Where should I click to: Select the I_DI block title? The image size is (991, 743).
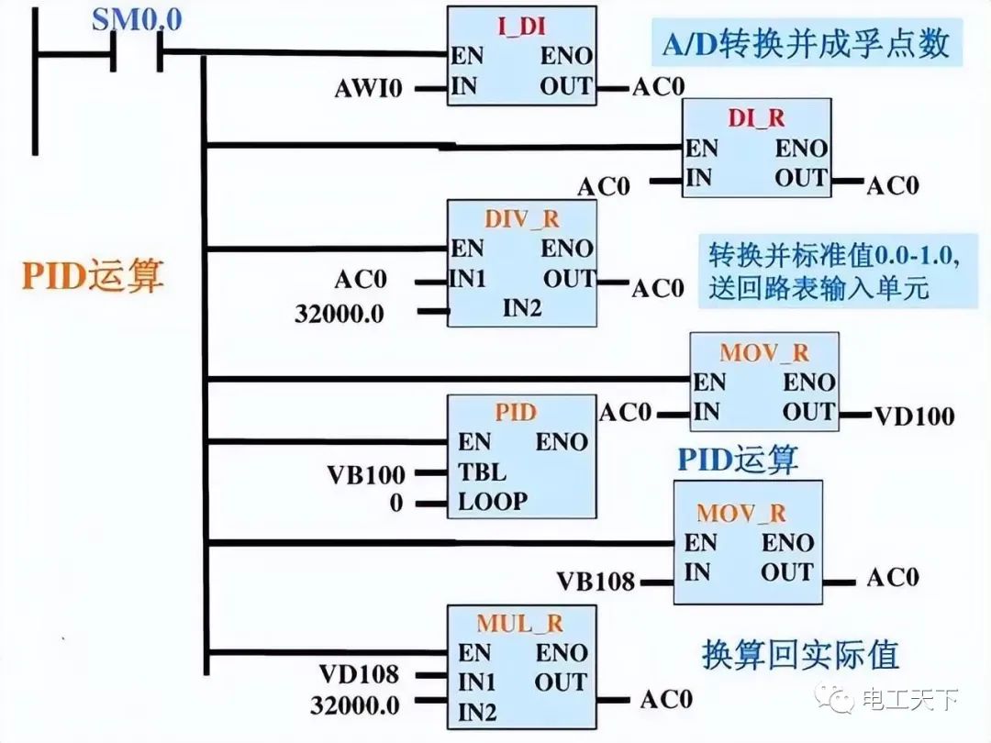(520, 25)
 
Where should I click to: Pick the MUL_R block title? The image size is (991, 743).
(519, 624)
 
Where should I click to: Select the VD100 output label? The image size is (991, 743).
(913, 416)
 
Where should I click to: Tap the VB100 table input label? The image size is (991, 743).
(365, 475)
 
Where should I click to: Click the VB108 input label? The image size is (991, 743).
(596, 581)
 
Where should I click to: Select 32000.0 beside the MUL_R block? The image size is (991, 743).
(354, 705)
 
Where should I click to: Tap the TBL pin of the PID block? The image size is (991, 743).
(482, 473)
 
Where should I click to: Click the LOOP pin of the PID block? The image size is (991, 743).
(493, 502)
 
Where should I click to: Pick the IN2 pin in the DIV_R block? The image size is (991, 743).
(522, 308)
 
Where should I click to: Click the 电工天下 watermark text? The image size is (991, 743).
(909, 701)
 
